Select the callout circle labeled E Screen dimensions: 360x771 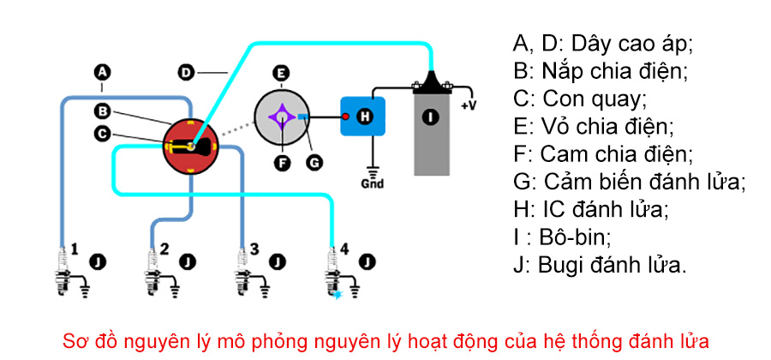280,73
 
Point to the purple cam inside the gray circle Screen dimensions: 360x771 281,116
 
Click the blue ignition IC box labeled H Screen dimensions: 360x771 363,116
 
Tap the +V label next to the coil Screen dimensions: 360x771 469,105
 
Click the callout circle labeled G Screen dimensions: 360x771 314,159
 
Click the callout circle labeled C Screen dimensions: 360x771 102,133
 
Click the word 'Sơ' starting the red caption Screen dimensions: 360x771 75,339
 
